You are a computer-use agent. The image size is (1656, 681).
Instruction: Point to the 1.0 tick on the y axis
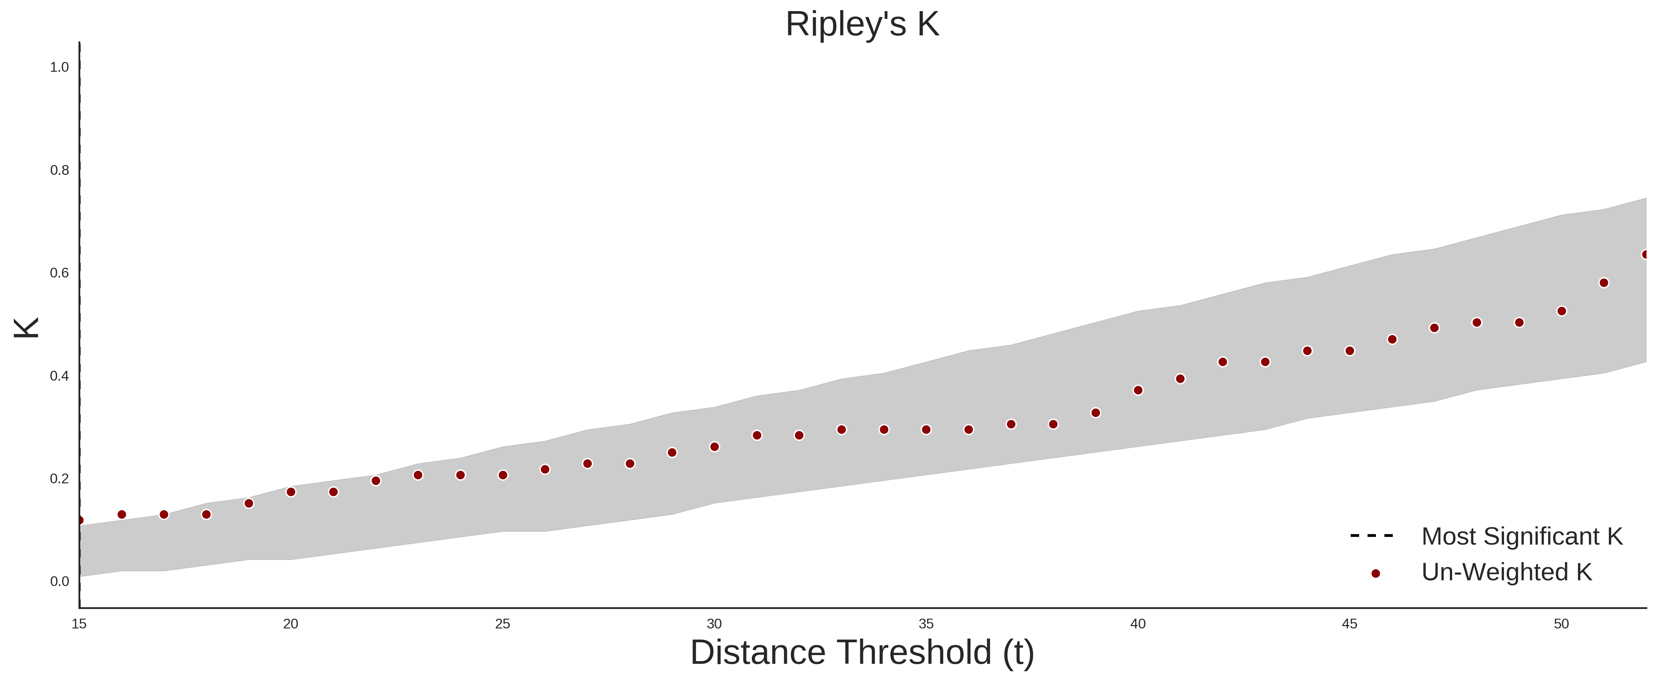[x=60, y=67]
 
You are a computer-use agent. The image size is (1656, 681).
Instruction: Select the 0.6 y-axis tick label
[x=60, y=273]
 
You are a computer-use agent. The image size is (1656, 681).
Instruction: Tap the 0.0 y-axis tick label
[x=60, y=581]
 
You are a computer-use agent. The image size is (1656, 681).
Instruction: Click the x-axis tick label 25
[x=503, y=624]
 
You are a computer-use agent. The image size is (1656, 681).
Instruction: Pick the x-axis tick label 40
[x=1138, y=624]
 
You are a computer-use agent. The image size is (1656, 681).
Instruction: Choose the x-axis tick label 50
[x=1562, y=624]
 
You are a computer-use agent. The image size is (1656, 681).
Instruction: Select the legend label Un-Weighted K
[x=1507, y=572]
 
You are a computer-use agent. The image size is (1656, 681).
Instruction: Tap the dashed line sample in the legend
[x=1372, y=535]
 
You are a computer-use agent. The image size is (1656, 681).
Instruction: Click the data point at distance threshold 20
[x=290, y=492]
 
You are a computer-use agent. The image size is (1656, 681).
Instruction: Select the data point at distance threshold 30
[x=714, y=447]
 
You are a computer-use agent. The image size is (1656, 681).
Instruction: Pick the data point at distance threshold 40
[x=1138, y=390]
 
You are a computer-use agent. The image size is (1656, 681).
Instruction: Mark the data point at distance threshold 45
[x=1350, y=351]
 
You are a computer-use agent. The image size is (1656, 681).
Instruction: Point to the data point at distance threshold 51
[x=1604, y=283]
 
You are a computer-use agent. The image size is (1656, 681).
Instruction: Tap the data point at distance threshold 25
[x=503, y=476]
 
